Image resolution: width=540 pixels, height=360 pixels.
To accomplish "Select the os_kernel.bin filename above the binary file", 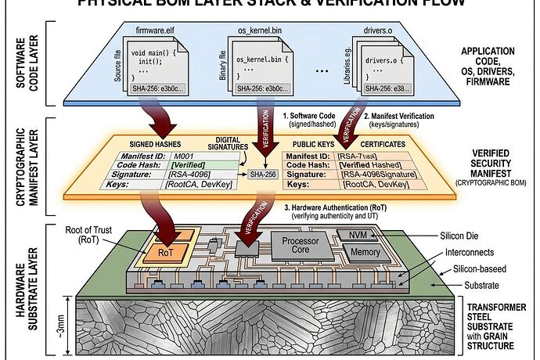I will click(258, 31).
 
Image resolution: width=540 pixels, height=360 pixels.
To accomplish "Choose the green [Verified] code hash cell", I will click(193, 165).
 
